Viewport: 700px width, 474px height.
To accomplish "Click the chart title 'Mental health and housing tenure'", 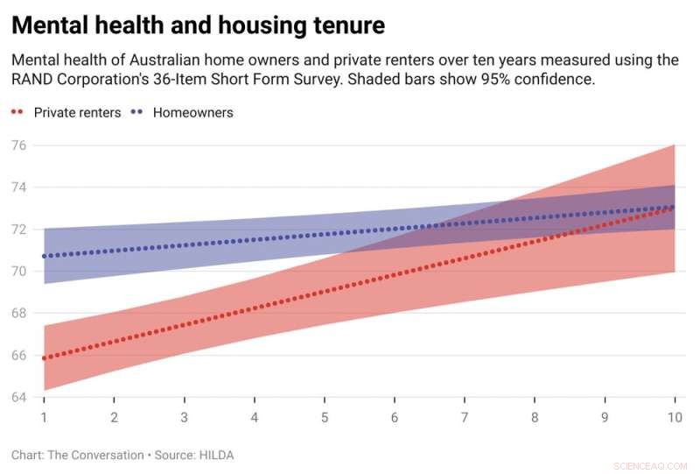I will [198, 25].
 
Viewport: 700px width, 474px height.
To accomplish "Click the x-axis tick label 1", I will [44, 417].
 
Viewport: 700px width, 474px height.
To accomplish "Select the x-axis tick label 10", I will [673, 417].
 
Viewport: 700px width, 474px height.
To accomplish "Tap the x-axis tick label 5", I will [324, 417].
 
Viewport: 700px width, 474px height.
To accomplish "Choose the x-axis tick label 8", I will [534, 417].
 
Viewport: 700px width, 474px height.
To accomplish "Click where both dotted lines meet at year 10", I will [672, 208].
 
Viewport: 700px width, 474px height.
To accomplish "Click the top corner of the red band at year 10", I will [674, 145].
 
